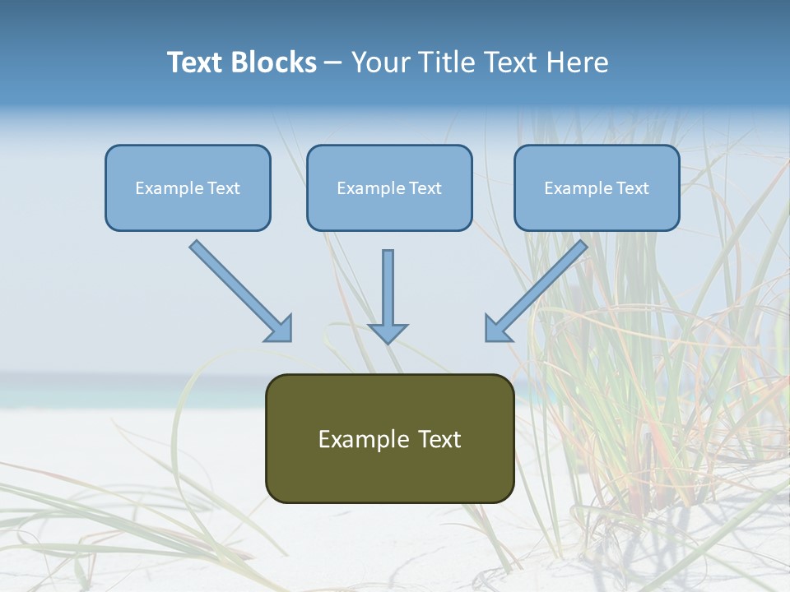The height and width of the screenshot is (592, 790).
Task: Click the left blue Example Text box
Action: [188, 187]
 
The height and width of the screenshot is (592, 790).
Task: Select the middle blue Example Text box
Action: [389, 187]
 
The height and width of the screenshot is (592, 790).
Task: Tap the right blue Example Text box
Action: [597, 187]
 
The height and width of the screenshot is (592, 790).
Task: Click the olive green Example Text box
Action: [389, 438]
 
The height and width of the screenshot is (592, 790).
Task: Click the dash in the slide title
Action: [333, 62]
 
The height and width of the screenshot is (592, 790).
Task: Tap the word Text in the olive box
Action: [439, 439]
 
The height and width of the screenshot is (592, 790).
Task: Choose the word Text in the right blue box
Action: [632, 188]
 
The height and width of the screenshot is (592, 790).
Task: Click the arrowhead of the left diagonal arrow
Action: [280, 329]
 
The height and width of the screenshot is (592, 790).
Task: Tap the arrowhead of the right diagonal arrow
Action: [497, 329]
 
